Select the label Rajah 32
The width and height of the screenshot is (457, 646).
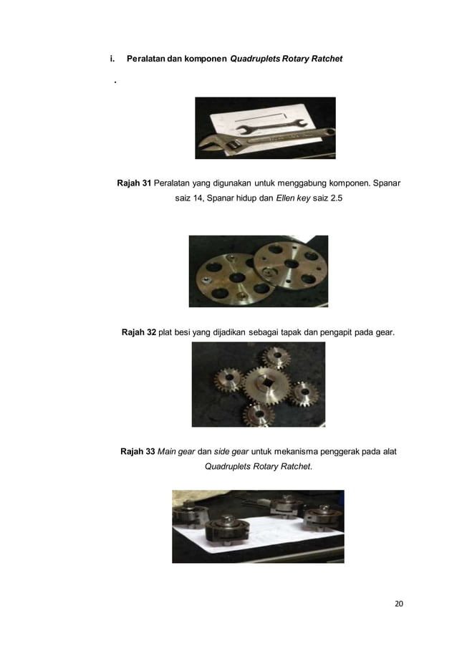click(x=139, y=332)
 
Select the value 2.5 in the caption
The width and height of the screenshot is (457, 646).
click(x=334, y=197)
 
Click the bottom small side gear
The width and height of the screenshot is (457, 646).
click(x=254, y=413)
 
